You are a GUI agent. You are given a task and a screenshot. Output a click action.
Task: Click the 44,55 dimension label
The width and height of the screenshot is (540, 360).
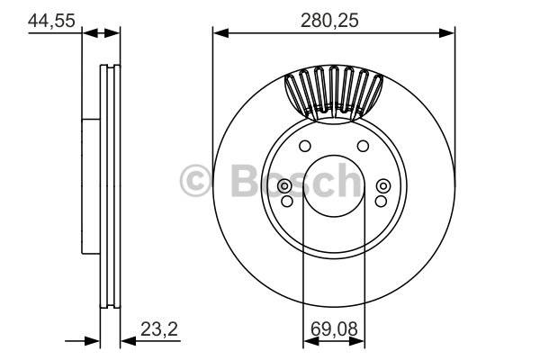[x=51, y=21]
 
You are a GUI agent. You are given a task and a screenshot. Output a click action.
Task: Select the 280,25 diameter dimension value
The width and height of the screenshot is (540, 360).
[x=329, y=21]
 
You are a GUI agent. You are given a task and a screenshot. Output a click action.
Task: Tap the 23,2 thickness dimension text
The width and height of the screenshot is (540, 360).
[x=159, y=329]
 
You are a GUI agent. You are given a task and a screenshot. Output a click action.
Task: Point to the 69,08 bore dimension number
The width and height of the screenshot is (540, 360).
[x=334, y=329]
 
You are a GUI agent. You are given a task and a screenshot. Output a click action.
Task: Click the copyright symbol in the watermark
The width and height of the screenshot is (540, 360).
[x=195, y=181]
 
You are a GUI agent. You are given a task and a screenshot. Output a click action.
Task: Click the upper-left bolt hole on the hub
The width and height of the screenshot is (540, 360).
[x=305, y=146]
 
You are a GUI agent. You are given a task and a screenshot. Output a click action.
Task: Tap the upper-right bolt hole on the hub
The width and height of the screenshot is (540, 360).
[x=363, y=146]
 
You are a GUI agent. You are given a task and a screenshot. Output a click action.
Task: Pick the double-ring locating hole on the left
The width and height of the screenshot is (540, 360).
[x=284, y=186]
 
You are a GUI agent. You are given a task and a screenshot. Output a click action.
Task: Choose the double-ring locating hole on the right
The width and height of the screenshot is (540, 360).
[x=383, y=186]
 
